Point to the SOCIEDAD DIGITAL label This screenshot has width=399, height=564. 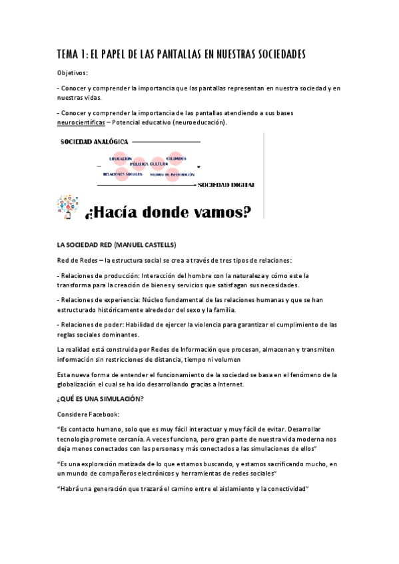click(226, 184)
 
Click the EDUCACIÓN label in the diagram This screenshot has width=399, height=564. click(121, 159)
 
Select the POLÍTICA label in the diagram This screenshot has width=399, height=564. click(139, 163)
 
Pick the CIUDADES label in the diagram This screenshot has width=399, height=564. click(176, 159)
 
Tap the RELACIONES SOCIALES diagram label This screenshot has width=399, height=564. click(123, 174)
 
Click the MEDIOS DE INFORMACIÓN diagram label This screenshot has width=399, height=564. click(173, 174)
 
